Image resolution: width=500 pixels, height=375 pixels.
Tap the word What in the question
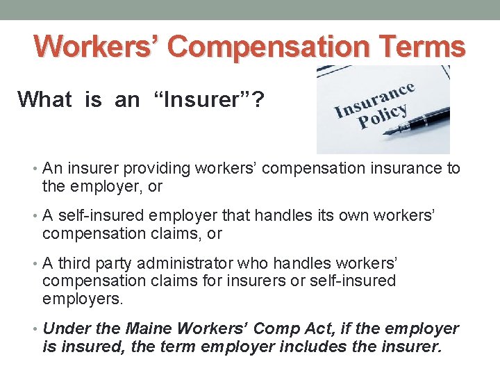(x=45, y=100)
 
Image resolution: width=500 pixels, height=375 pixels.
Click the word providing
(x=154, y=169)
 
